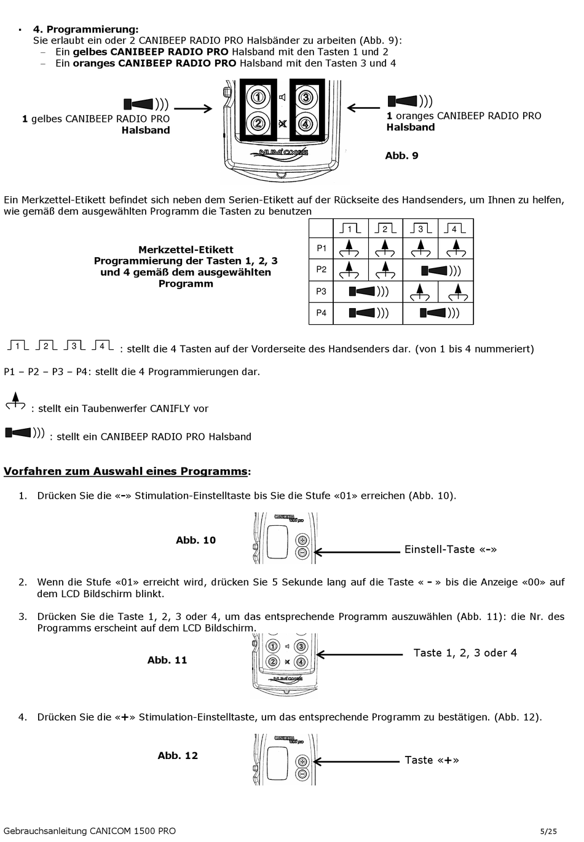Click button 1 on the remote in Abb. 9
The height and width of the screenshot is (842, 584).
click(x=259, y=97)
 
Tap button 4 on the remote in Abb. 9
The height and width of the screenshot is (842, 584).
click(x=306, y=123)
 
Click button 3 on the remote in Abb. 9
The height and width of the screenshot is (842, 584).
click(x=306, y=97)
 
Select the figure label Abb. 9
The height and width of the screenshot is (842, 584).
click(x=401, y=156)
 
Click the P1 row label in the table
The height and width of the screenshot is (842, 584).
click(x=322, y=248)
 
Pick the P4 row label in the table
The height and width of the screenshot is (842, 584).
click(x=322, y=313)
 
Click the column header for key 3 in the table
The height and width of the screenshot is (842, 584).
click(x=420, y=229)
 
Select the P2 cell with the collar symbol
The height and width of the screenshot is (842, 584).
click(x=438, y=270)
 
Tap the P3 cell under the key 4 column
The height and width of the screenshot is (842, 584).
click(x=456, y=292)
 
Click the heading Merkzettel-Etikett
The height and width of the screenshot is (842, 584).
click(x=186, y=250)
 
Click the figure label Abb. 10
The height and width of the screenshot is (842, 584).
click(x=195, y=540)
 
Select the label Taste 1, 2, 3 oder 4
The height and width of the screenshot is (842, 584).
click(x=465, y=653)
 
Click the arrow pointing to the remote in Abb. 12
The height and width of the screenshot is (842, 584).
click(x=357, y=761)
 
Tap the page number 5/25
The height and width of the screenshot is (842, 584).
click(x=548, y=832)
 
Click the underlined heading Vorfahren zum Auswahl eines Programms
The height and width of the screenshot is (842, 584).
click(x=127, y=471)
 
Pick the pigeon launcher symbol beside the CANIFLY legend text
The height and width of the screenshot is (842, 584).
click(x=15, y=402)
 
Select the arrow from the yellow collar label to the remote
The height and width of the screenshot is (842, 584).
click(x=192, y=109)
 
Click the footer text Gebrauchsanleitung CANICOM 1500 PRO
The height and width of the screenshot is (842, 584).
click(x=90, y=831)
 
